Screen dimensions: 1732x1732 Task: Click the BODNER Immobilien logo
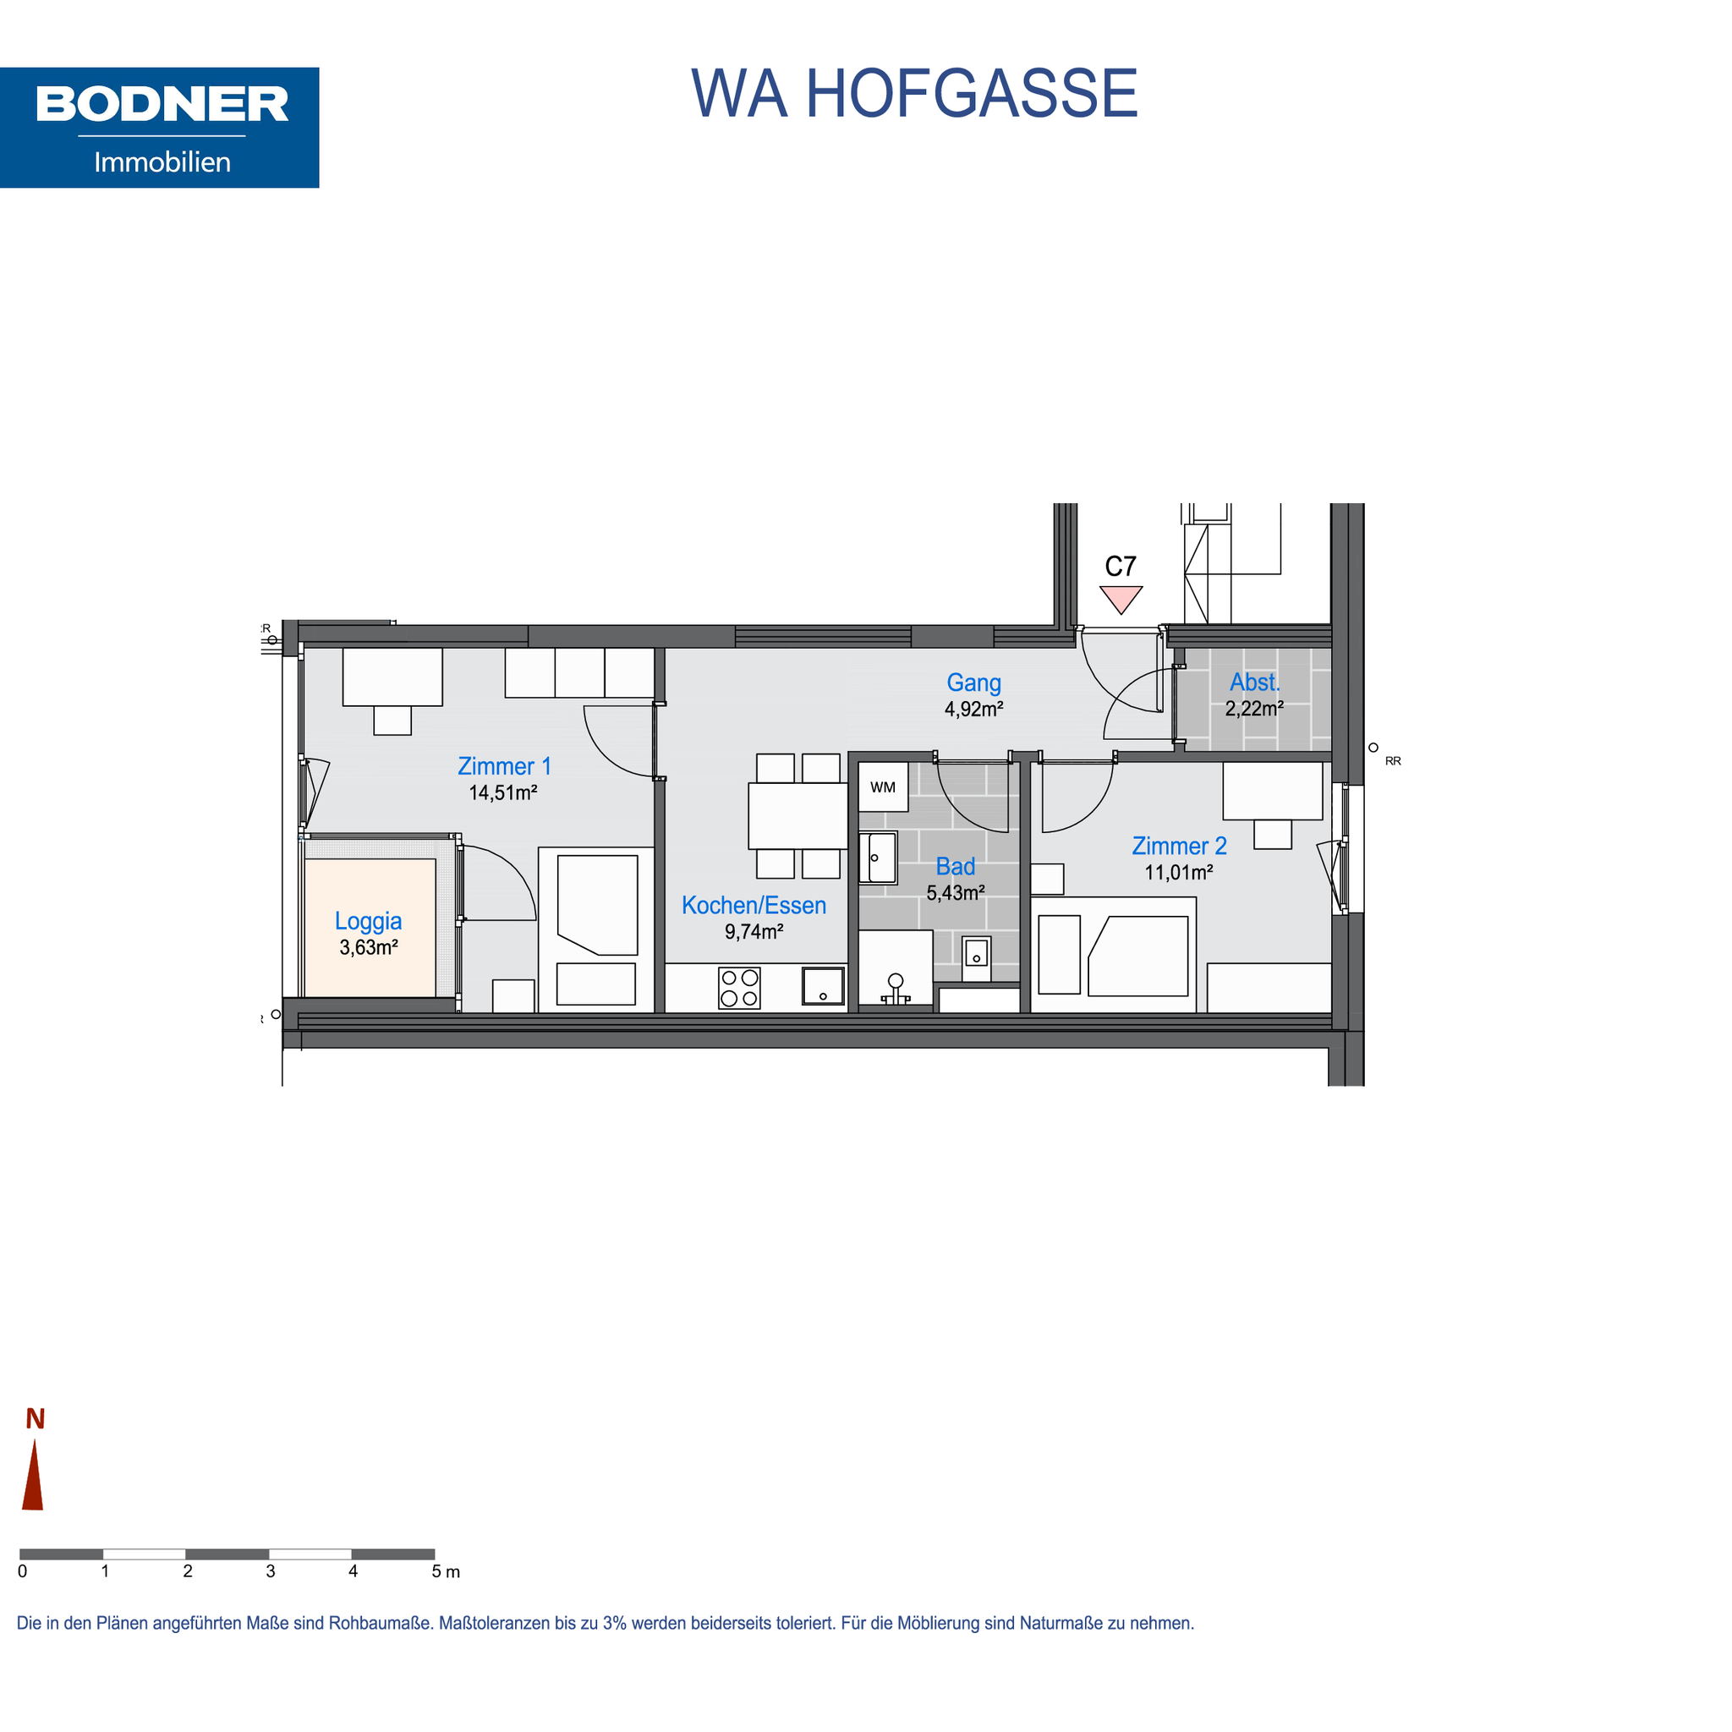coord(160,128)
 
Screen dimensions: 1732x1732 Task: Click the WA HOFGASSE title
coord(913,93)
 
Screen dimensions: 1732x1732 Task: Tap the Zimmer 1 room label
coord(504,766)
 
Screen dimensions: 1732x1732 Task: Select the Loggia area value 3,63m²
coord(369,947)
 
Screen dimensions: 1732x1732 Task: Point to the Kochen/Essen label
coord(754,906)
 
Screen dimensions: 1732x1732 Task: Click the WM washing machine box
coord(883,787)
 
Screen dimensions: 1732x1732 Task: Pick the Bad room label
coord(956,867)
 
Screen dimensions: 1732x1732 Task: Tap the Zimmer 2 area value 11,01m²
coord(1179,872)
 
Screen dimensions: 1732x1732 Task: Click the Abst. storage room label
coord(1255,682)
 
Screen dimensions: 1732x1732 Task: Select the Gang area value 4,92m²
coord(973,709)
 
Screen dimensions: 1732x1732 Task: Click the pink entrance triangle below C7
coord(1121,599)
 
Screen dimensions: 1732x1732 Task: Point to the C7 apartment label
coord(1121,567)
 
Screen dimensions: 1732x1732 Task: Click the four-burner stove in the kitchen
coord(740,988)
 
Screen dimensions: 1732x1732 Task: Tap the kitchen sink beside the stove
coord(823,986)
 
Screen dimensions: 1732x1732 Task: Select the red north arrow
coord(33,1475)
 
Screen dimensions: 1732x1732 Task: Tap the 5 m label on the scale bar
coord(446,1571)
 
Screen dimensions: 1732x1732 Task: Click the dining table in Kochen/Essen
coord(797,816)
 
